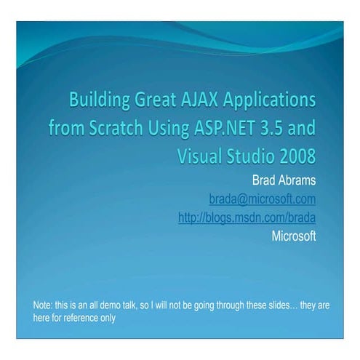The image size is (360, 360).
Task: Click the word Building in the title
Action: click(100, 100)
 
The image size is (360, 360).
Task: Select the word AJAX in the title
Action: click(199, 99)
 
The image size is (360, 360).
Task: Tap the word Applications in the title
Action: click(270, 100)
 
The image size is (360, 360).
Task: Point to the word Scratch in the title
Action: click(116, 127)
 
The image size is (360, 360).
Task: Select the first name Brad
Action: click(263, 180)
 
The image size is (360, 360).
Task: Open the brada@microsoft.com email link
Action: click(263, 199)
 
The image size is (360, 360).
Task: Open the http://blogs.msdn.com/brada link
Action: click(247, 217)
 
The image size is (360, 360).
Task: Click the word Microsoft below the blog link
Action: click(294, 236)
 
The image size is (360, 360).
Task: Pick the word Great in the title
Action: click(155, 99)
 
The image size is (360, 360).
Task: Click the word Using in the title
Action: click(169, 129)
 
